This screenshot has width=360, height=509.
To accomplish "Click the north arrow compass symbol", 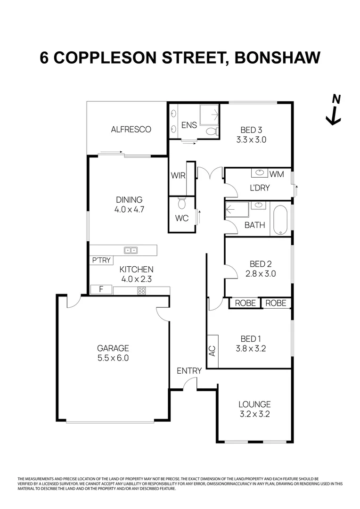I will pos(334,111).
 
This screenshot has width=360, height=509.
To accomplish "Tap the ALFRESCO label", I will pos(131,129).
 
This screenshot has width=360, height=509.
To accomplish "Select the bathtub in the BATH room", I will pos(280,221).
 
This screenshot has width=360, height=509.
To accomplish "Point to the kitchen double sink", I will pos(131,250).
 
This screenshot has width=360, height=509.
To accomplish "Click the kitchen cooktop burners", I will pos(141,290).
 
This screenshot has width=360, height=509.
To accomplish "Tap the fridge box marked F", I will pos(100,290).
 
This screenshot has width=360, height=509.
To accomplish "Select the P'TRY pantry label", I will pos(101,260).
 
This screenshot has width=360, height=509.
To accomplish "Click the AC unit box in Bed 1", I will pos(212,351).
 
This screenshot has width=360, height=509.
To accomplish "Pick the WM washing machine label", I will pos(277,174).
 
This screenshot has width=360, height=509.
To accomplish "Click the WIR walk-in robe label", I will pos(177,176).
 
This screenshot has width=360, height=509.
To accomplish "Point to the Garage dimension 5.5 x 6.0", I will pos(113,358).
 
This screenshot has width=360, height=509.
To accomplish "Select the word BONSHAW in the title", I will pos(274,57).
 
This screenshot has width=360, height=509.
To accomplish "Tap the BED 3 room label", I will pos(251,130).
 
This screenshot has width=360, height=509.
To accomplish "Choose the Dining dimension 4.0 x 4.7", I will pos(129,209).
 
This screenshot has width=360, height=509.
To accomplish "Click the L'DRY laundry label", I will pos(260,188).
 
